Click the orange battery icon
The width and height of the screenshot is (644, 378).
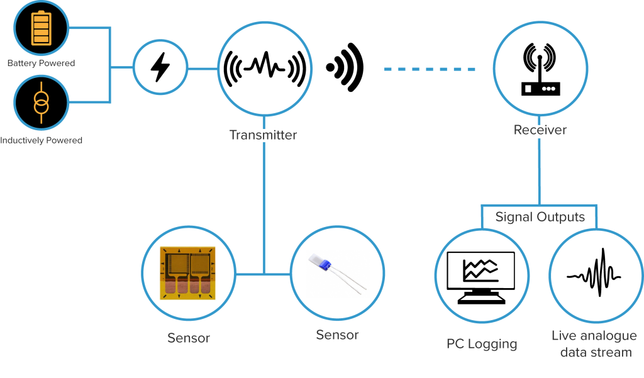(41, 28)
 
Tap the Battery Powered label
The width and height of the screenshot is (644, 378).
(41, 64)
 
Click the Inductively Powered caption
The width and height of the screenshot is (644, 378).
(41, 140)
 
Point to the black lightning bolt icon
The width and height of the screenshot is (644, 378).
(160, 67)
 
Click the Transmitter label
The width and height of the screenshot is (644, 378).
(264, 135)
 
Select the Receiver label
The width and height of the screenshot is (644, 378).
(540, 131)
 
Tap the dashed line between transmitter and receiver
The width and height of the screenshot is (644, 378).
(429, 69)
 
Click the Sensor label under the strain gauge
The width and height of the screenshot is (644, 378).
(188, 338)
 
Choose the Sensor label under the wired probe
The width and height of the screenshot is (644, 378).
(337, 335)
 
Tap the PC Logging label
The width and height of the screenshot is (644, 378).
(482, 344)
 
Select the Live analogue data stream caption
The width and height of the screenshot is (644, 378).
(594, 344)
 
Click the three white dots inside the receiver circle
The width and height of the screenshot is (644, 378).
(548, 89)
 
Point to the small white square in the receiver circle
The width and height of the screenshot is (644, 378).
(528, 89)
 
